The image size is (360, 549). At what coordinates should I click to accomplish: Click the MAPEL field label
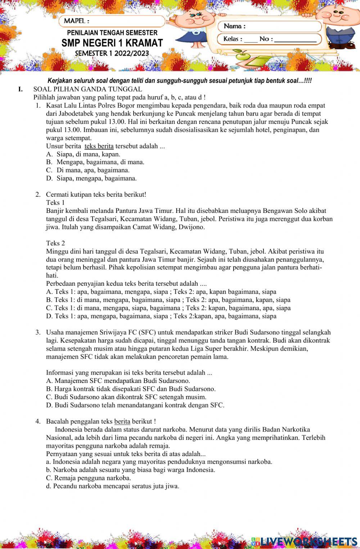76,21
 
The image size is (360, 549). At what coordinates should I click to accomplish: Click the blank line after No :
295,39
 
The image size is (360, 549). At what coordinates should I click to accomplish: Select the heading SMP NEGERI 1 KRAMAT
112,43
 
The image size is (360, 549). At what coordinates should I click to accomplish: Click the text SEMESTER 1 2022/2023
112,53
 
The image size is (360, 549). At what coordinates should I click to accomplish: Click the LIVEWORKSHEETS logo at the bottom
304,541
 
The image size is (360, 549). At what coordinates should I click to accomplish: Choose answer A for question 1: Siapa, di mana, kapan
83,154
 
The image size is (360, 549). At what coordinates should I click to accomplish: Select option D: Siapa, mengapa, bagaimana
91,178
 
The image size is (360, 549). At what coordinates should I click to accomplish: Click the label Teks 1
55,202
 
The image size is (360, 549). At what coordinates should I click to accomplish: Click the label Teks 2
55,243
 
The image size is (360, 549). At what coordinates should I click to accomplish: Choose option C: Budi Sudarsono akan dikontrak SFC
126,397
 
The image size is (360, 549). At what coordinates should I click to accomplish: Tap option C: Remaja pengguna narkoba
89,478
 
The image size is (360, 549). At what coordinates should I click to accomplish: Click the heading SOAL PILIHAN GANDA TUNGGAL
87,89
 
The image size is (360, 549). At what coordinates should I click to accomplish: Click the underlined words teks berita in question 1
99,146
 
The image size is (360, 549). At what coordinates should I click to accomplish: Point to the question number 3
38,332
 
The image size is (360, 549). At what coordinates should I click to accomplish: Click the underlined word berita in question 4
122,421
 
